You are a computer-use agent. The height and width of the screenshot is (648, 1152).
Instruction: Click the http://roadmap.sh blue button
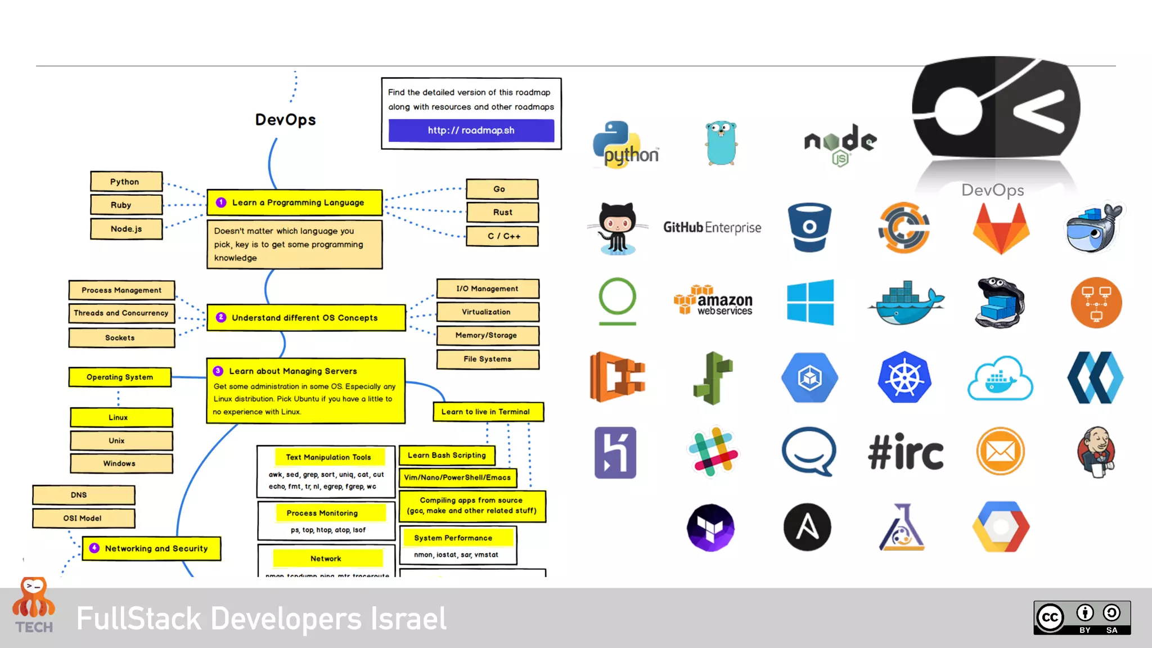(471, 130)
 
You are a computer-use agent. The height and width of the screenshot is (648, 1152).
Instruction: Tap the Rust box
(502, 212)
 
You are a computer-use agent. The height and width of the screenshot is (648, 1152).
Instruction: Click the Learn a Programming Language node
(295, 202)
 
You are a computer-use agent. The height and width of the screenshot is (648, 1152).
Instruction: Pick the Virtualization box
(487, 312)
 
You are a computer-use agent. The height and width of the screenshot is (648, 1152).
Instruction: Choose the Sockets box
(121, 337)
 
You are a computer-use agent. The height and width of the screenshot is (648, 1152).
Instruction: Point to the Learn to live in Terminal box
(488, 412)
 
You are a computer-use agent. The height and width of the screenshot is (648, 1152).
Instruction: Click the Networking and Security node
(152, 548)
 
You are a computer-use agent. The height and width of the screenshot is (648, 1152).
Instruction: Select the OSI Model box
(83, 518)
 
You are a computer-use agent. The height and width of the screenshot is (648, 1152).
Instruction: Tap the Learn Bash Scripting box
(447, 455)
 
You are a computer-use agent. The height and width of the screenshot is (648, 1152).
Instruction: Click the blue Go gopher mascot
(721, 143)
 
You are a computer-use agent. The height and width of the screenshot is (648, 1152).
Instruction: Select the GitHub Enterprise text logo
(712, 227)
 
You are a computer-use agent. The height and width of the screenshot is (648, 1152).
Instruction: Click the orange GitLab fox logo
(1001, 228)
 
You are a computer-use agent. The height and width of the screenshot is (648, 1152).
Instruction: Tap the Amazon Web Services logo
(713, 301)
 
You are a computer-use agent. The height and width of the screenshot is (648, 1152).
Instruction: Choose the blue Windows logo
(810, 302)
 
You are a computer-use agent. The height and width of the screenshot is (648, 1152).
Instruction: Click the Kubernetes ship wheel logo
(904, 377)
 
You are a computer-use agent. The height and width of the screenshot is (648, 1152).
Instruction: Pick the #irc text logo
(906, 452)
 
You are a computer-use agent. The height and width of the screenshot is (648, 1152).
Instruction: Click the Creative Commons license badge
(1081, 618)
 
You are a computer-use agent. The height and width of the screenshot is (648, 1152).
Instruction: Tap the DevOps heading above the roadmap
(285, 120)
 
